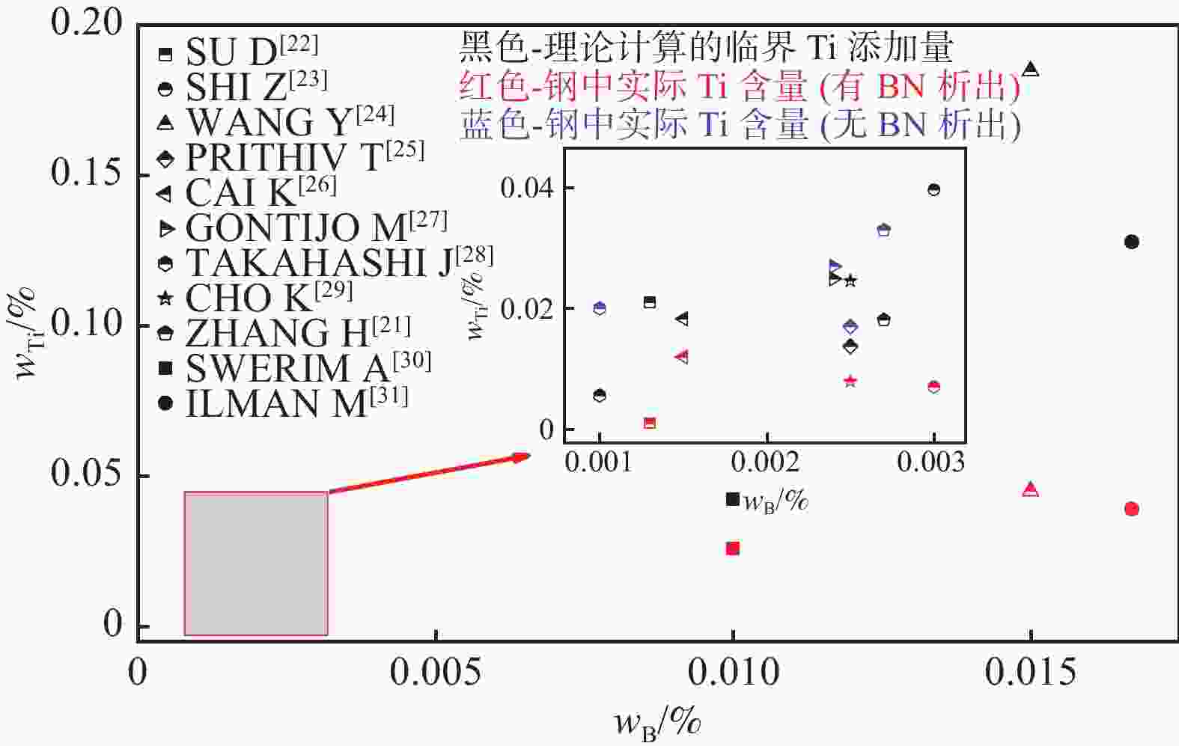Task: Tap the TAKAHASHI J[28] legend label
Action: tap(325, 262)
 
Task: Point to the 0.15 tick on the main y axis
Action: tap(87, 173)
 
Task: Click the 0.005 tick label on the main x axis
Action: tap(435, 673)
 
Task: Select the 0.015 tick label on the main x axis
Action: tap(1030, 673)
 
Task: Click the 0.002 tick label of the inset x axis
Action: tap(767, 462)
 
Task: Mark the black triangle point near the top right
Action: tap(1031, 70)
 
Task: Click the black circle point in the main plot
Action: tap(1131, 242)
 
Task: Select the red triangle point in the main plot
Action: tap(1031, 490)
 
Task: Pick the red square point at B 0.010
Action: tap(733, 548)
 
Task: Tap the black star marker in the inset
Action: tap(850, 281)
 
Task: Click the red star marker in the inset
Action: tap(850, 382)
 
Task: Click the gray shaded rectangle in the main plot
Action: tap(256, 563)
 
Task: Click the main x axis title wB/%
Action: tap(657, 722)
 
